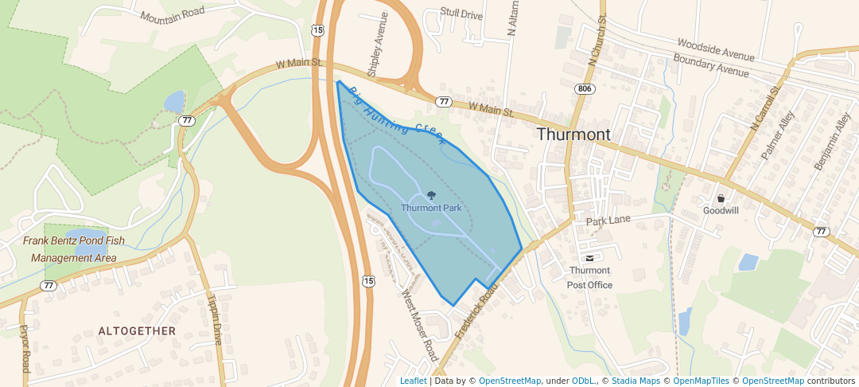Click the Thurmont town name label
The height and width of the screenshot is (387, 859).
coord(573,135)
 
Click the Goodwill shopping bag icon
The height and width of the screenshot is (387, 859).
coord(721,198)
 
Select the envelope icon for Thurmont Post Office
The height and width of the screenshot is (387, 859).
coord(589,258)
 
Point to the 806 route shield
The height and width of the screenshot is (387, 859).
coord(585,88)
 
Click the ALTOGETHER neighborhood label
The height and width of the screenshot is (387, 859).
coord(137,330)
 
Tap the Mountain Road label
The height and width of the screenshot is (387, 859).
coord(172,14)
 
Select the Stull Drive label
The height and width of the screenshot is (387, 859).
coord(461,14)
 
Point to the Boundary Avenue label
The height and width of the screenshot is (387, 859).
coord(710,65)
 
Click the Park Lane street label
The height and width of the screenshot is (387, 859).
coord(608,220)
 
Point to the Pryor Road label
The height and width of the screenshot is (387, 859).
coord(25,348)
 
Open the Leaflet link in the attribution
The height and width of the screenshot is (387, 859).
coord(413,381)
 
